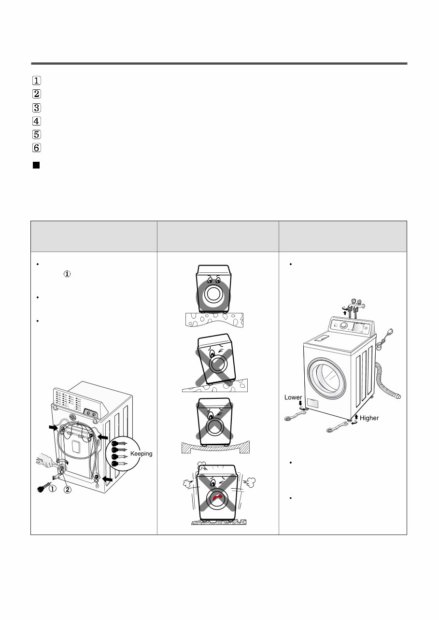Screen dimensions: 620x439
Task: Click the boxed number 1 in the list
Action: pyautogui.click(x=37, y=81)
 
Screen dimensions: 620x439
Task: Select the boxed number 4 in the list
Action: pyautogui.click(x=37, y=121)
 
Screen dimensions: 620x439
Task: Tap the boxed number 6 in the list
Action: pyautogui.click(x=37, y=148)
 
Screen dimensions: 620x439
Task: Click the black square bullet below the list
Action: pyautogui.click(x=36, y=166)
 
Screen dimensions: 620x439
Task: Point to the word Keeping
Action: pyautogui.click(x=142, y=453)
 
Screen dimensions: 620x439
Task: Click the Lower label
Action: pyautogui.click(x=293, y=397)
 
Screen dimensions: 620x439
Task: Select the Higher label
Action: pyautogui.click(x=369, y=418)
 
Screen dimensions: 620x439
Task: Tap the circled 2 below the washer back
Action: pyautogui.click(x=69, y=489)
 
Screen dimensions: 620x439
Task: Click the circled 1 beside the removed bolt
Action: pyautogui.click(x=52, y=489)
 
